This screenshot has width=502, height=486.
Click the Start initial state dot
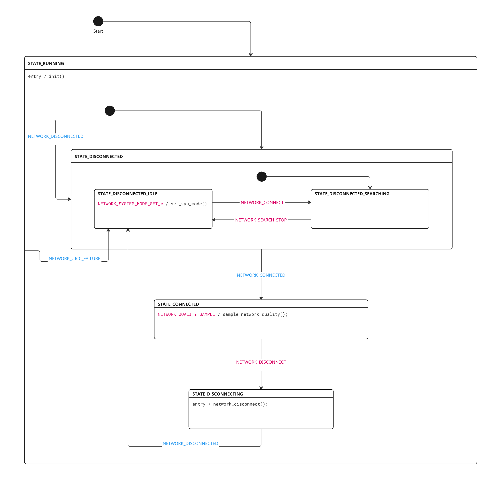point(98,21)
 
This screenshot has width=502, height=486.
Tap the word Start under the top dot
point(98,31)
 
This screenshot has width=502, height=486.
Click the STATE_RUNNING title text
point(46,63)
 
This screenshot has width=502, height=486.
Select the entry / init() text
point(46,76)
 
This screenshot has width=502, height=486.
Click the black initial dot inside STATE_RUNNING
point(110,111)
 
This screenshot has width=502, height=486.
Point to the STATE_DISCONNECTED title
point(99,157)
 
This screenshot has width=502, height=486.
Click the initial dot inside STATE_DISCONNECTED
point(261,176)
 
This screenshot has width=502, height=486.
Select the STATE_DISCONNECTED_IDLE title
point(127,194)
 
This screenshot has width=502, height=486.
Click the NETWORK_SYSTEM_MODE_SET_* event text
point(130,204)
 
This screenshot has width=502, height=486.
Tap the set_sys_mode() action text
point(189,204)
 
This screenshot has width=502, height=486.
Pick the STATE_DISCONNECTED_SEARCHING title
point(352,194)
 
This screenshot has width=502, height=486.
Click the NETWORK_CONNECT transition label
point(262,203)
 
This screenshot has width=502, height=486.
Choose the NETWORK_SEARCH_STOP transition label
point(261,220)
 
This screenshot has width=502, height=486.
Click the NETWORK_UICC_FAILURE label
point(75,259)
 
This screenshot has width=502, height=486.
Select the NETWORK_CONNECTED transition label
point(261,275)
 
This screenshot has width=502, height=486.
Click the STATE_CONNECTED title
point(178,304)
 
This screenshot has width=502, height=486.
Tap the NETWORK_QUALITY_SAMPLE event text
point(186,314)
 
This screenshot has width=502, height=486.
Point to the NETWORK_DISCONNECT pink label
point(261,362)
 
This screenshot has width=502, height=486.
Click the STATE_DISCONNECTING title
point(218,394)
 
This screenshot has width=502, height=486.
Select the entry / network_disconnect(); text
point(230,404)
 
